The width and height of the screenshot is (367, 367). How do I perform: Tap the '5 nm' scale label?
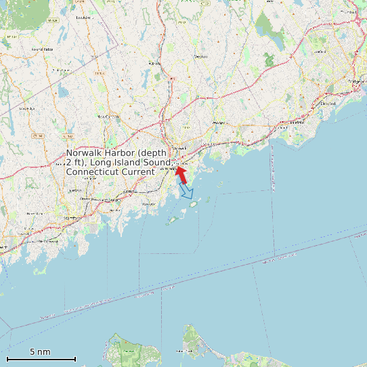click(40, 352)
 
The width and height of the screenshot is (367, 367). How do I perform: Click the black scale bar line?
click(41, 359)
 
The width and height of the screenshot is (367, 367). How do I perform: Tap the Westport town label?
click(220, 123)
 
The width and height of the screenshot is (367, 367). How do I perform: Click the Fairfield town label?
click(297, 123)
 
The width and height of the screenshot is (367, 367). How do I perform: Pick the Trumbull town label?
click(349, 12)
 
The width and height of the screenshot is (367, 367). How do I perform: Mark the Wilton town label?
click(154, 64)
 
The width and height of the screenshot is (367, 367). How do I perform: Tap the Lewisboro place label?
click(84, 18)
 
